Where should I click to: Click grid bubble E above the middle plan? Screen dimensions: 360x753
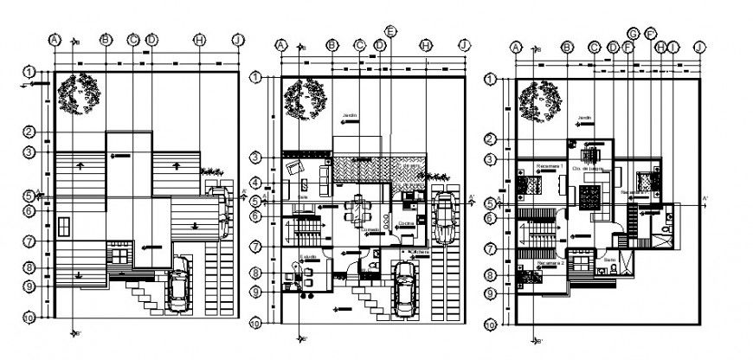(x=391, y=31)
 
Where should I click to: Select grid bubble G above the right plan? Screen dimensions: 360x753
(x=633, y=33)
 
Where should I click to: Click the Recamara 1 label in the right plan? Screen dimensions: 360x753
(x=550, y=165)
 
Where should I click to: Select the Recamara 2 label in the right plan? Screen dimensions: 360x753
(x=550, y=260)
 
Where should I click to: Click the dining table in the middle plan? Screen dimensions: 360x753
(x=357, y=210)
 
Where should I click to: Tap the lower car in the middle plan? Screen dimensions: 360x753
(x=404, y=288)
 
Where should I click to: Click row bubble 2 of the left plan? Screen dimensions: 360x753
(x=29, y=132)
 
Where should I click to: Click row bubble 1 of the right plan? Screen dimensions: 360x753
(x=490, y=80)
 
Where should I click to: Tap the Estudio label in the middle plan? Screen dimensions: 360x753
(x=309, y=257)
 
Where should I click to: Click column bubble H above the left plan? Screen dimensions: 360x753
(x=199, y=40)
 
